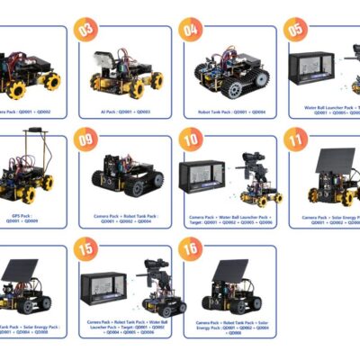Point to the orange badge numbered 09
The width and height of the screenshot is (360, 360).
[x=87, y=139]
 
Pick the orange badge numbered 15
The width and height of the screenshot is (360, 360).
[x=87, y=249]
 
